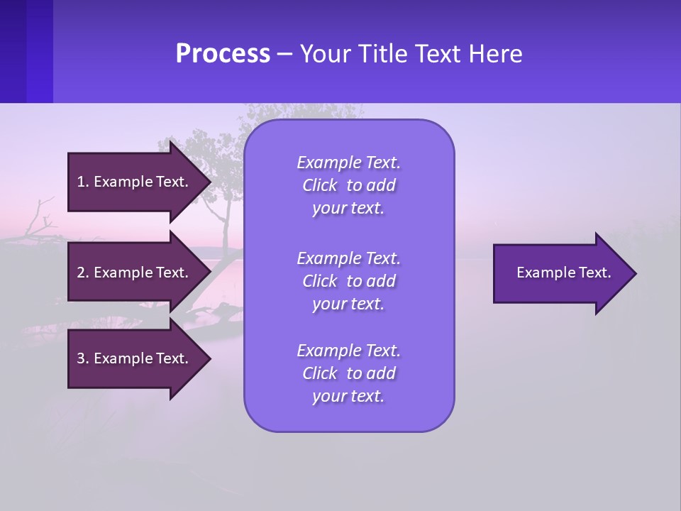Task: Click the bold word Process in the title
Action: tap(223, 54)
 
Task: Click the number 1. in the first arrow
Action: tap(82, 182)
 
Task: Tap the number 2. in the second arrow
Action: tap(82, 273)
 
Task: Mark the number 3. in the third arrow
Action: tap(82, 358)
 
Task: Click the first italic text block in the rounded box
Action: tap(348, 185)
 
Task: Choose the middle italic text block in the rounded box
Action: tap(348, 280)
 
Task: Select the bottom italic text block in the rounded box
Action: tap(348, 373)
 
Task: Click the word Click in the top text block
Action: tap(320, 185)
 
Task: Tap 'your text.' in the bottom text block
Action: tap(348, 396)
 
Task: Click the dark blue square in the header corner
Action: tap(26, 51)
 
